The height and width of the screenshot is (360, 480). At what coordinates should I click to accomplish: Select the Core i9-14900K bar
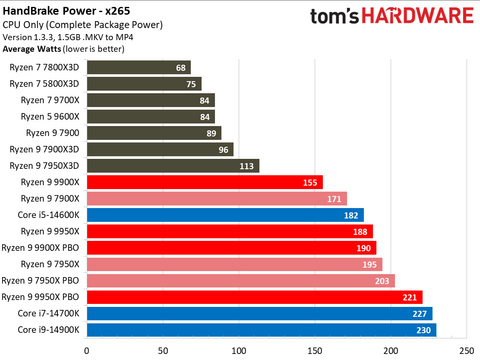point(260,330)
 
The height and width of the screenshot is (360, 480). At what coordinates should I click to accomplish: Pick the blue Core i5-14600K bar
point(224,215)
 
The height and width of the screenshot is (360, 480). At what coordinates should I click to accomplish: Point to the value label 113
point(247,166)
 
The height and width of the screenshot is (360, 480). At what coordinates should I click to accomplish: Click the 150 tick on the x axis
point(314,350)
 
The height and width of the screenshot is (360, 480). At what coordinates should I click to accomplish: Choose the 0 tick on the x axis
point(88,350)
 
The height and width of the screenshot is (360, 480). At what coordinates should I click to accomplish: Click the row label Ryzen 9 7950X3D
point(45,166)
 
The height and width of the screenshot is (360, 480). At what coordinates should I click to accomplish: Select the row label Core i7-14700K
point(50,314)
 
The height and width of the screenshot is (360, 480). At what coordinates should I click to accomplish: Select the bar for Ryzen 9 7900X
point(216,199)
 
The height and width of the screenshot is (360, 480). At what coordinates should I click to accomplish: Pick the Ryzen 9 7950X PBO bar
point(241,281)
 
